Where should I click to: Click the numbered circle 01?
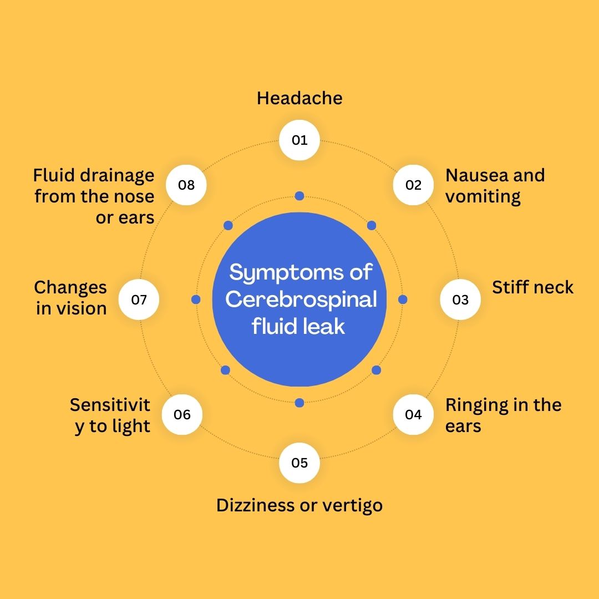[299, 140]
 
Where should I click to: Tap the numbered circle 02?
[413, 185]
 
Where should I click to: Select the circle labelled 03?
[460, 299]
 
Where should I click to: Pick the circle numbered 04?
[413, 414]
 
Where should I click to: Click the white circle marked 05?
[299, 463]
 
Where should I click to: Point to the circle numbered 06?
[182, 414]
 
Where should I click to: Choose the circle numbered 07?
[139, 299]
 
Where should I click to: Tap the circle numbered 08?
[186, 185]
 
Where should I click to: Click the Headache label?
[299, 99]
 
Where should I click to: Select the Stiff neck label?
[532, 287]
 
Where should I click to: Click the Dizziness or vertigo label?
[299, 506]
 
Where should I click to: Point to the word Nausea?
[476, 175]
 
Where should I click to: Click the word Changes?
[70, 287]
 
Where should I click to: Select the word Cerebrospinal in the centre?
[301, 299]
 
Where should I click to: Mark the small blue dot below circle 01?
[299, 196]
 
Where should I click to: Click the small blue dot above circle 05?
[299, 403]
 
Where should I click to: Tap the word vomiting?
[483, 196]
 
